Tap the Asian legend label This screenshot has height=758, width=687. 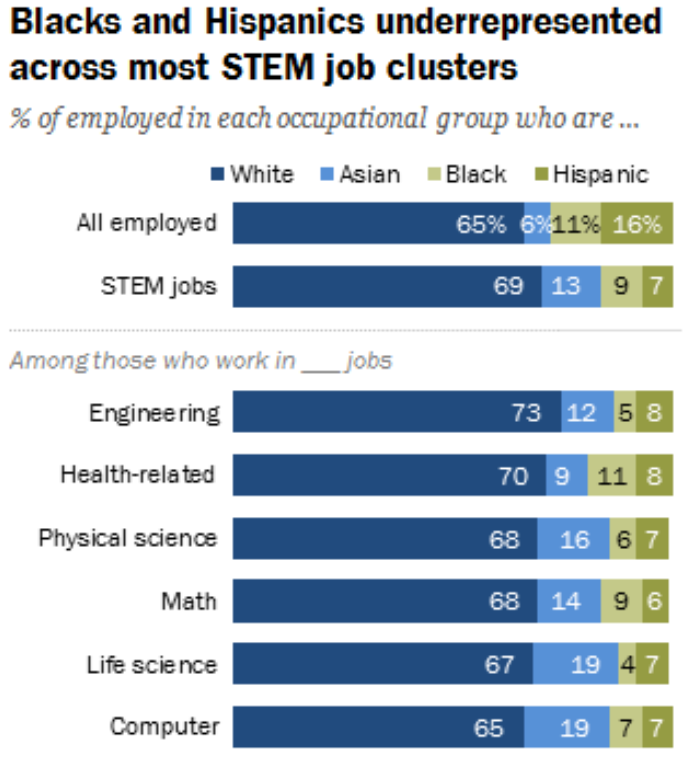click(x=368, y=175)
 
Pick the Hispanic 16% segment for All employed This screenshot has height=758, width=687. click(x=636, y=224)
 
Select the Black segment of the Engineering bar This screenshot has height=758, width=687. click(x=624, y=413)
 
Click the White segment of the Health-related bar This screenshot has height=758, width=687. click(x=389, y=476)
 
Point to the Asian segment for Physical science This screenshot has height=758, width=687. click(x=573, y=539)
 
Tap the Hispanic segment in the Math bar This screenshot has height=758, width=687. click(x=655, y=602)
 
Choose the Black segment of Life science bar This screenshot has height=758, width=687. click(x=626, y=665)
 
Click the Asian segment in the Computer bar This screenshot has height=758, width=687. click(x=567, y=728)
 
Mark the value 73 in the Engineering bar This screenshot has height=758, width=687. click(x=526, y=413)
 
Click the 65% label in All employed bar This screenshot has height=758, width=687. click(x=480, y=224)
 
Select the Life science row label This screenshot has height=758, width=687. click(x=152, y=665)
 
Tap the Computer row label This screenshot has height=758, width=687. click(x=164, y=727)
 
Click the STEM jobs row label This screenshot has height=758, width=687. click(x=158, y=286)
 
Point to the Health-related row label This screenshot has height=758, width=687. click(x=137, y=475)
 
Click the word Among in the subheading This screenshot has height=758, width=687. click(x=38, y=361)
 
